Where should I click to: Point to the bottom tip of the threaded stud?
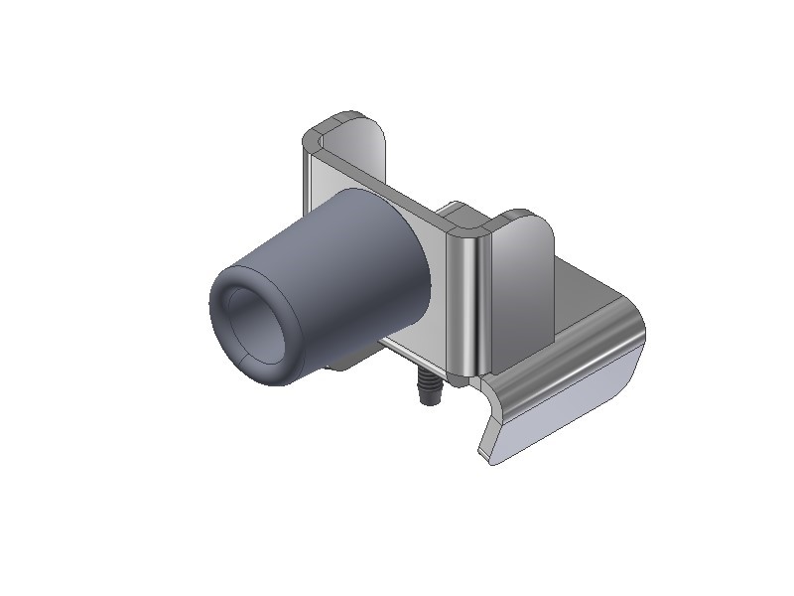(x=429, y=401)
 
